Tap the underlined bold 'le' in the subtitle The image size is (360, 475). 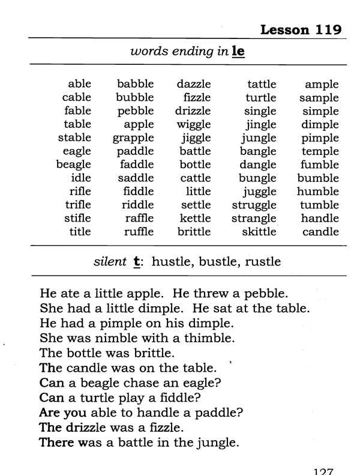click(x=238, y=52)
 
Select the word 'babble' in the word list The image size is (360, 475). click(x=135, y=84)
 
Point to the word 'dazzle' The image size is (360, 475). click(x=194, y=84)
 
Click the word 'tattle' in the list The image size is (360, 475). click(x=262, y=84)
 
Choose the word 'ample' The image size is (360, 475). click(x=322, y=85)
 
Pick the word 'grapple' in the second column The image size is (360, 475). click(x=133, y=138)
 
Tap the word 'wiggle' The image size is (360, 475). click(x=194, y=124)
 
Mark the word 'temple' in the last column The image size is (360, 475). click(x=320, y=151)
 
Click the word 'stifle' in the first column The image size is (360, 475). click(x=77, y=218)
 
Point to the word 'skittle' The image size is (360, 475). click(x=259, y=232)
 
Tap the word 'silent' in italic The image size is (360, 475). click(x=110, y=262)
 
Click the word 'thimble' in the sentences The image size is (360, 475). click(x=209, y=337)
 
